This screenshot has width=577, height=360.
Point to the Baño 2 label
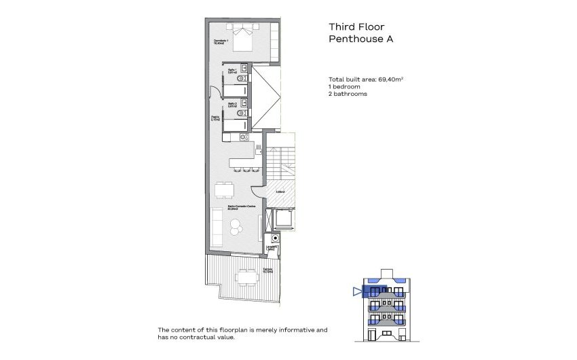pyautogui.click(x=231, y=105)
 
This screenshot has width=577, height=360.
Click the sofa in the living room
pyautogui.click(x=216, y=228)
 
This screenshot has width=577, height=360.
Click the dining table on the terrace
pyautogui.click(x=246, y=276)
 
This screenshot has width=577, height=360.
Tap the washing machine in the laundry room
pyautogui.click(x=275, y=238)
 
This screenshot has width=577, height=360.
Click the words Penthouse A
pyautogui.click(x=360, y=39)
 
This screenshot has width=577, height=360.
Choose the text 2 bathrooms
pyautogui.click(x=348, y=94)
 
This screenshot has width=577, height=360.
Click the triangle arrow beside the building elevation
pyautogui.click(x=356, y=292)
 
